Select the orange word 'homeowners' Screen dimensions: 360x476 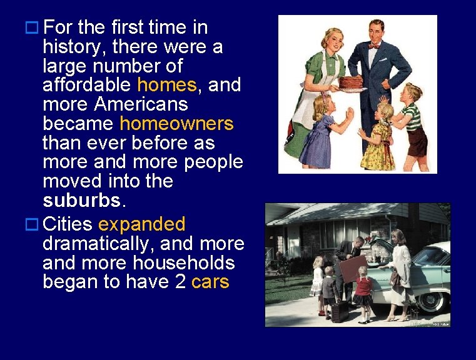(176, 124)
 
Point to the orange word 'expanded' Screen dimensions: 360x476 (142, 224)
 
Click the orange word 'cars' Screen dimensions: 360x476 (210, 282)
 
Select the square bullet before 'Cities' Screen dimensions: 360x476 (31, 224)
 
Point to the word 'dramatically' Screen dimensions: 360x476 (107, 243)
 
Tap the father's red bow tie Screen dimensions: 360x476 (374, 46)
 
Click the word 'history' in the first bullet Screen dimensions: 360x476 (69, 47)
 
